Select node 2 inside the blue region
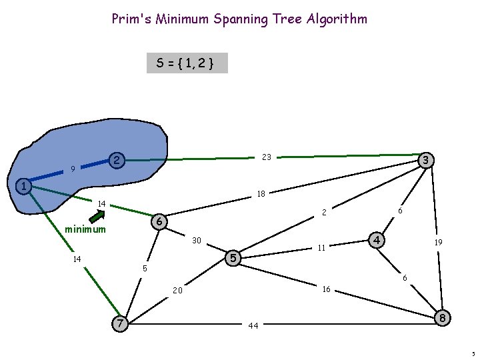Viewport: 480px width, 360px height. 116,161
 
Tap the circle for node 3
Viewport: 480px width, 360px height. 425,160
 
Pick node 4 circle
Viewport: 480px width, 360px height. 377,239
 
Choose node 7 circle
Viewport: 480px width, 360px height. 119,323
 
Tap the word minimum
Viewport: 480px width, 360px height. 85,230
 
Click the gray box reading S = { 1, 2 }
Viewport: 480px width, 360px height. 187,63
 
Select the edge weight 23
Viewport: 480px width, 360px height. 267,157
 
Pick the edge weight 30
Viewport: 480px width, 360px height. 196,240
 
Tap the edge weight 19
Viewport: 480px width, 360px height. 439,243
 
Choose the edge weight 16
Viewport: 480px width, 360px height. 326,289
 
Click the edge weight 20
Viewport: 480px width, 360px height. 177,291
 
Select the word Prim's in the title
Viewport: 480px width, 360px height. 131,19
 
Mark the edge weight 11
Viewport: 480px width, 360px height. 321,248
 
